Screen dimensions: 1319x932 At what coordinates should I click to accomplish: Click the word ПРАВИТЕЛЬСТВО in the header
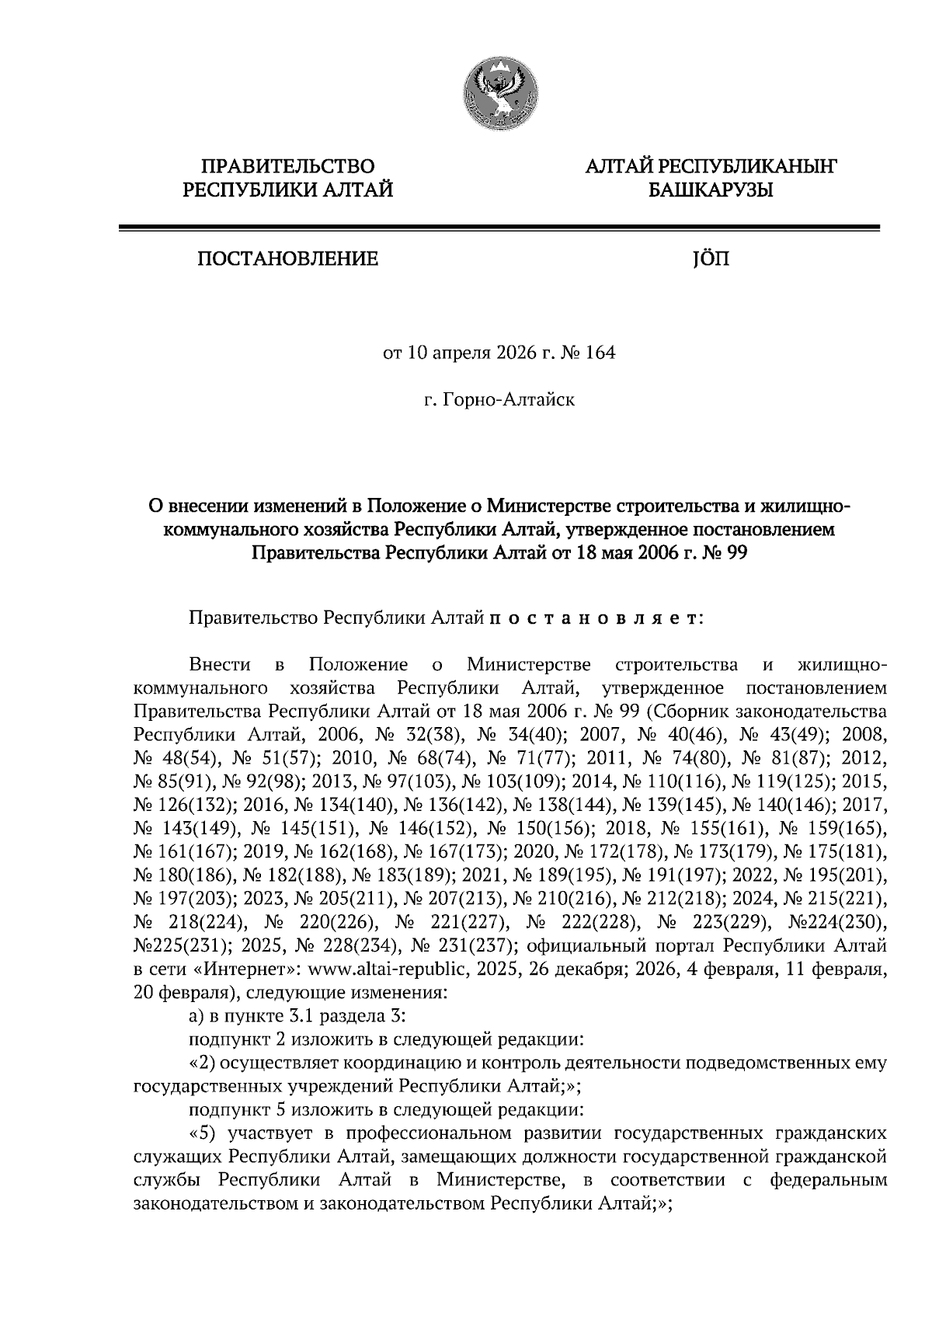[287, 166]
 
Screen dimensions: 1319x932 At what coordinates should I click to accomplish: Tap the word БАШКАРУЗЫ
[710, 189]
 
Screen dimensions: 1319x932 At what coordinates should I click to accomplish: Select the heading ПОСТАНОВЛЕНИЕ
[287, 259]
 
